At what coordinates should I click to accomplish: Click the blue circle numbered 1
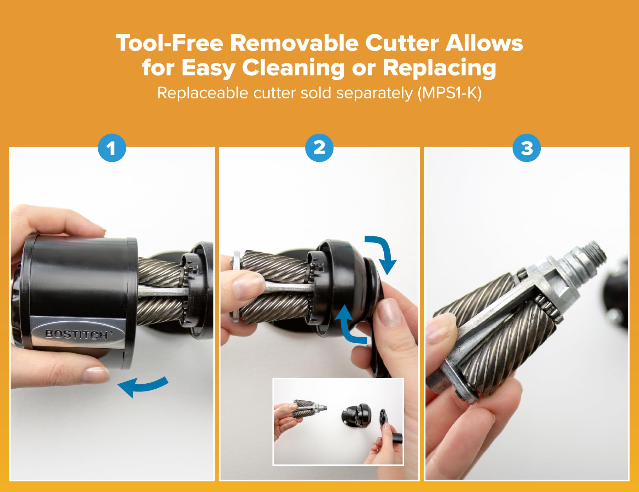coord(112,148)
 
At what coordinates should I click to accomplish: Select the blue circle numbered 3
coord(527,148)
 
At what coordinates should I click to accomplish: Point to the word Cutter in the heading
coord(402,43)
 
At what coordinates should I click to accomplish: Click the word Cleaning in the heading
coord(293,68)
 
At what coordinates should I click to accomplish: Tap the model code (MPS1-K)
coord(449,93)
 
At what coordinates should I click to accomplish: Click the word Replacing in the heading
coord(440,68)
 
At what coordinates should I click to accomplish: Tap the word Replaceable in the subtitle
coord(203,93)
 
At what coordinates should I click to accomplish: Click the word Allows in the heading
coord(484,43)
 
